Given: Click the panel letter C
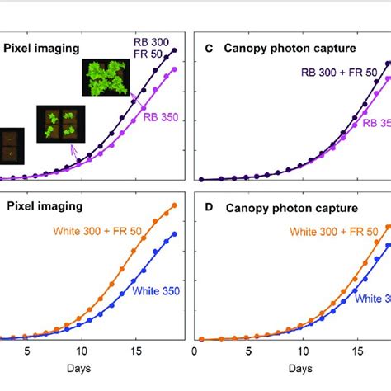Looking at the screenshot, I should [x=209, y=49].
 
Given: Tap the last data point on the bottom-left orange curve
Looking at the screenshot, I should [x=175, y=205].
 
